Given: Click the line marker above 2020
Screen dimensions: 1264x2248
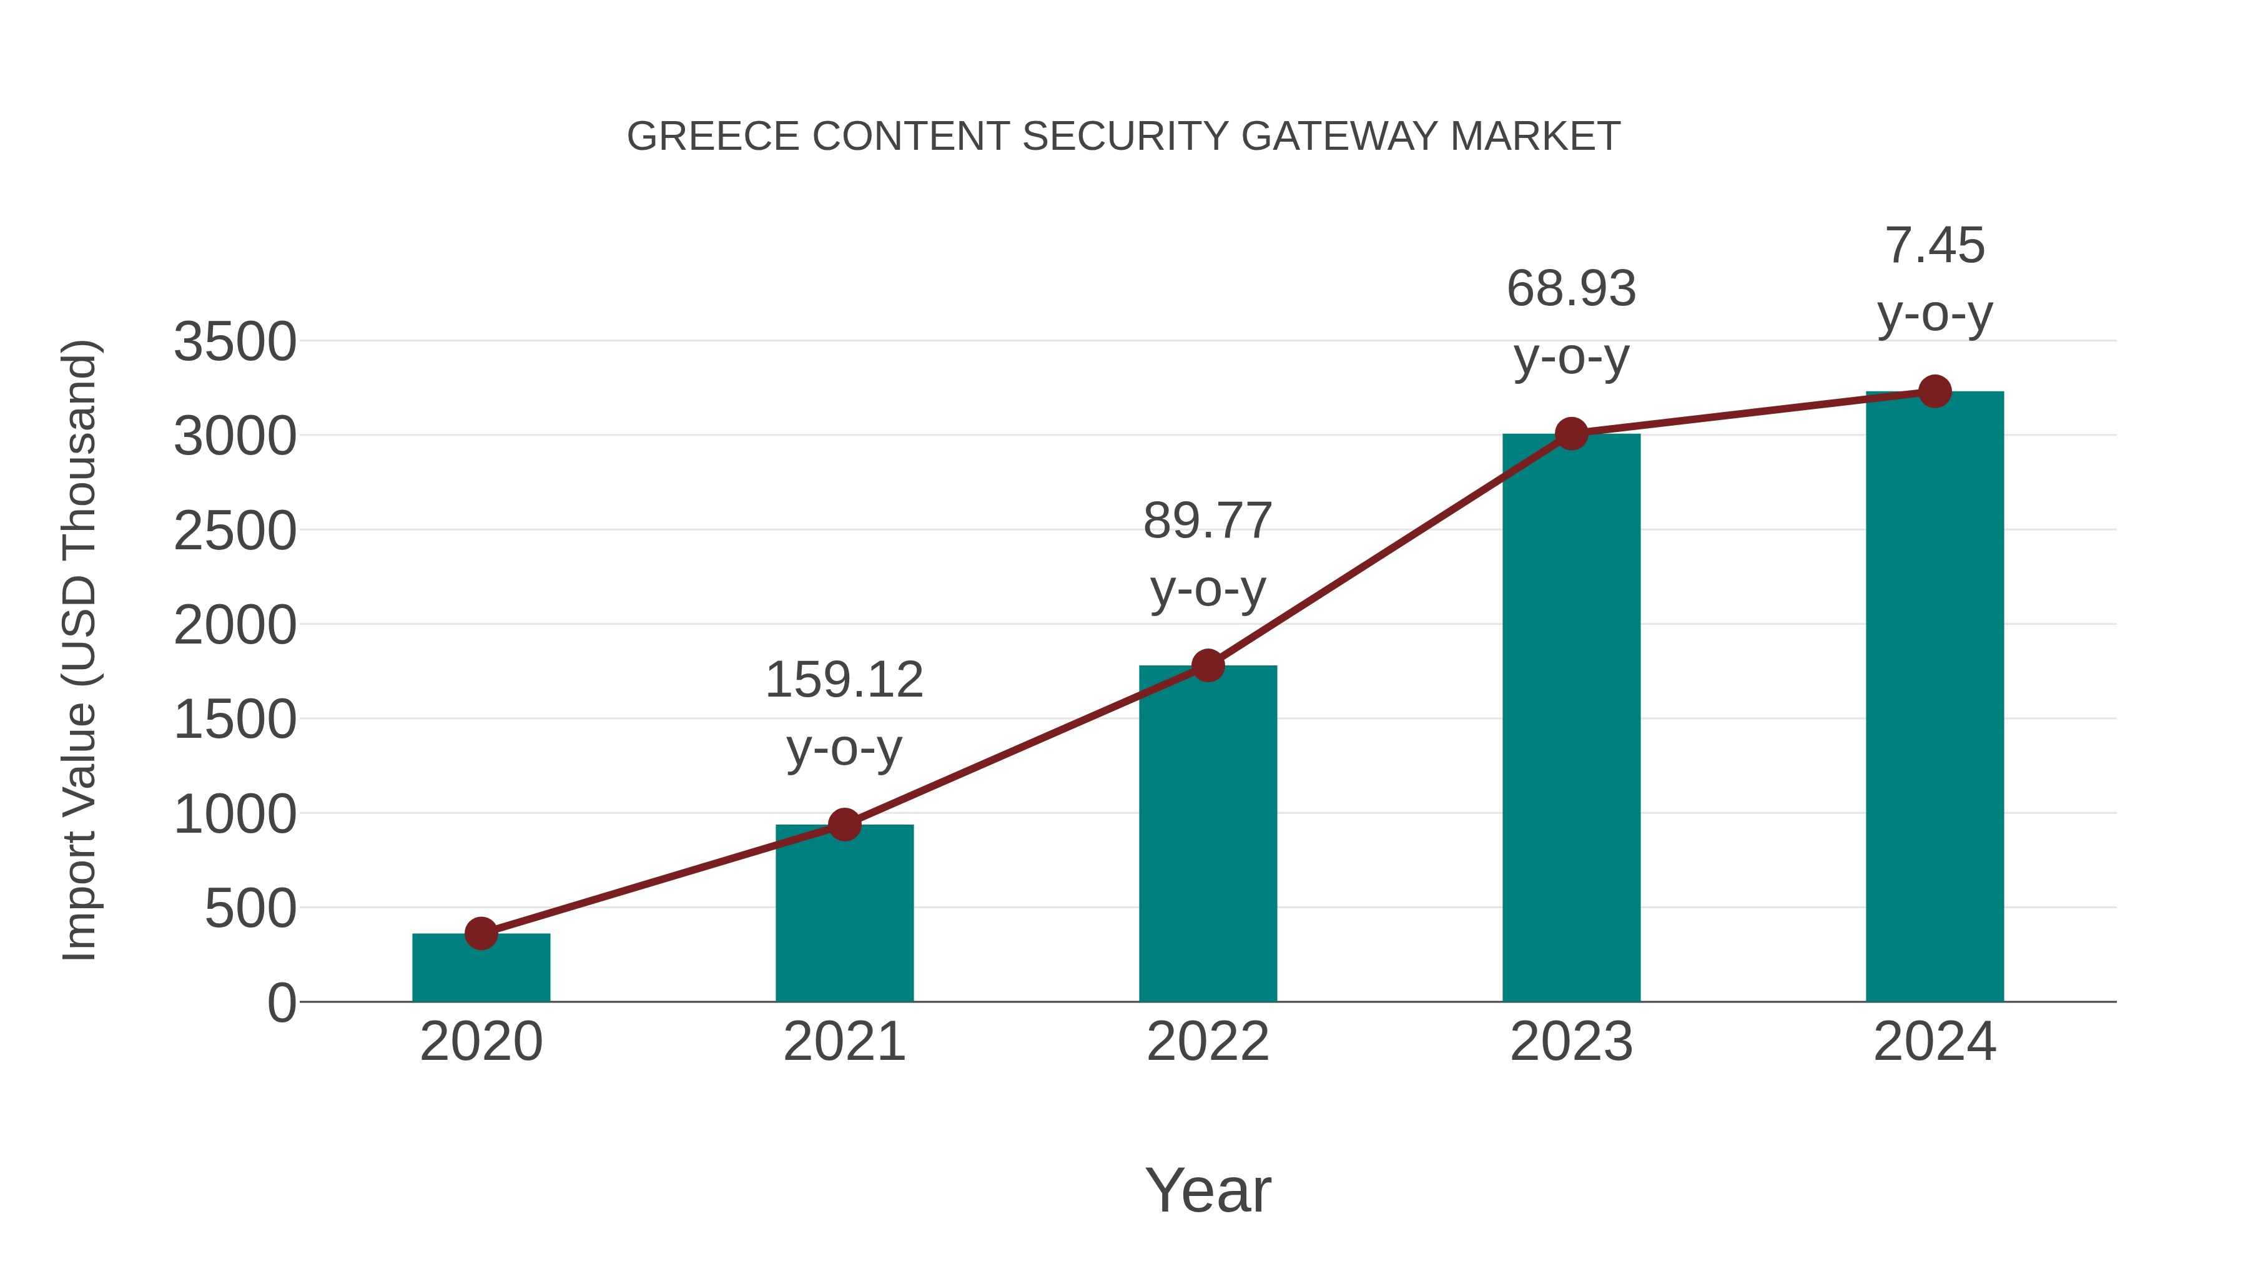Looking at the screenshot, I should [481, 933].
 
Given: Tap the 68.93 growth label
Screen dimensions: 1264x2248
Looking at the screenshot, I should [1571, 289].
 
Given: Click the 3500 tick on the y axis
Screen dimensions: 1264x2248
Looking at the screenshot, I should [235, 342].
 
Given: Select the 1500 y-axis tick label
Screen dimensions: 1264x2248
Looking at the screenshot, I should [235, 720].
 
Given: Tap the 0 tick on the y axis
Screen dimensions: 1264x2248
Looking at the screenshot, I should [282, 1003].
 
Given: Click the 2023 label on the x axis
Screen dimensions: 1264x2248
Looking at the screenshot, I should [1571, 1042].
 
